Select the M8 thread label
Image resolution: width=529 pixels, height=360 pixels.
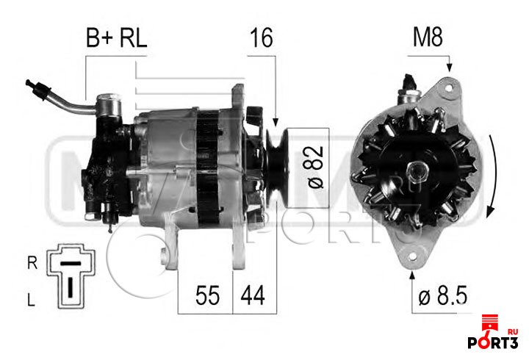pyautogui.click(x=428, y=37)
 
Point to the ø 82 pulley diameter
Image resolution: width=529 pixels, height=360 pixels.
pyautogui.click(x=316, y=168)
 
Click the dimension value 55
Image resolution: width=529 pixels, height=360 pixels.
pyautogui.click(x=207, y=295)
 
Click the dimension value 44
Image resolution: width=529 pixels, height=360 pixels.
pyautogui.click(x=253, y=295)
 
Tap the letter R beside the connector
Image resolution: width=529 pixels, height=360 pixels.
pyautogui.click(x=32, y=263)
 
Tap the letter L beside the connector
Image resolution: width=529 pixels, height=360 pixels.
pyautogui.click(x=31, y=300)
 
